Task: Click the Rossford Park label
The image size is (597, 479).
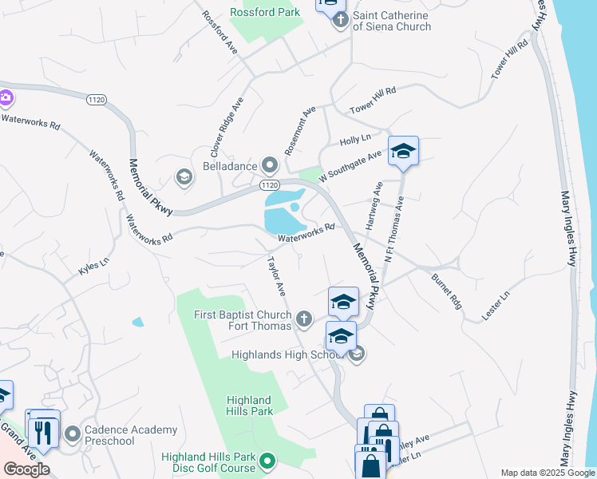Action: click(265, 12)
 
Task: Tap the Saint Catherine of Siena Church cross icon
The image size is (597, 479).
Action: click(341, 20)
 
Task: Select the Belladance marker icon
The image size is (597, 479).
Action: click(271, 166)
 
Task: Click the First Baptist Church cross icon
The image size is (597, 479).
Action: click(303, 320)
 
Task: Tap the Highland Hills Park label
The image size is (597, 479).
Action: click(250, 406)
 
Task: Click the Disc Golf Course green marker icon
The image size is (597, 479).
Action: click(268, 461)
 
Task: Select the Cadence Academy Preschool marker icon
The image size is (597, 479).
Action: click(73, 434)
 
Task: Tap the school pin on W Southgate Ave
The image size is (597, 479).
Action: click(404, 151)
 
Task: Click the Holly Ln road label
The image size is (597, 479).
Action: click(356, 139)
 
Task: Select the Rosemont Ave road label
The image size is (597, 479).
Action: click(301, 129)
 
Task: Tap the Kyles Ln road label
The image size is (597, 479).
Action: click(93, 267)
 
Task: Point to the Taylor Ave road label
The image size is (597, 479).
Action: click(276, 274)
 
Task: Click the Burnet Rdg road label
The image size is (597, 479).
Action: click(446, 292)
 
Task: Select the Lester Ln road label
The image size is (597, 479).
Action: click(496, 307)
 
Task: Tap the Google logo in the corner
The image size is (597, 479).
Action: click(26, 469)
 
